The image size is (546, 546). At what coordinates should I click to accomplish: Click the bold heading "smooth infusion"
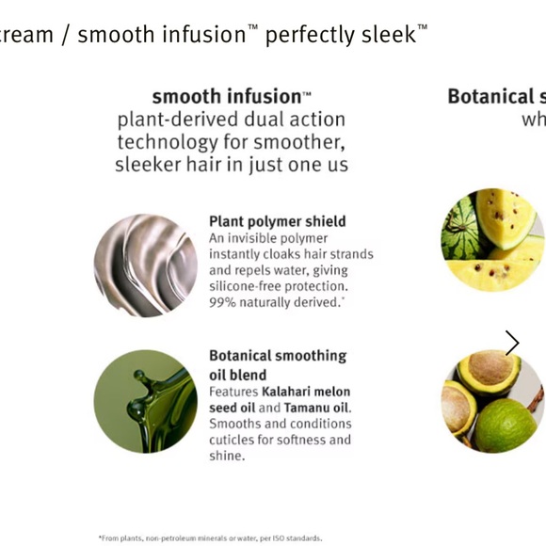coord(226,96)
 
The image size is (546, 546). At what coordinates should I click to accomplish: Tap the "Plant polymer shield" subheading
coord(277,221)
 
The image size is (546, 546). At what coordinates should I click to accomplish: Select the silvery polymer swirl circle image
coord(145,265)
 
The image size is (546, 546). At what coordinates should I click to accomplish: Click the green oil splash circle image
coord(145,401)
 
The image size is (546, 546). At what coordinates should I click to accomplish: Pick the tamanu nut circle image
coord(492,403)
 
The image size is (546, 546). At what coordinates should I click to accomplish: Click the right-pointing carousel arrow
coord(512,343)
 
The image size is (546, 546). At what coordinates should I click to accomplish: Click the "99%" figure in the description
coord(222,301)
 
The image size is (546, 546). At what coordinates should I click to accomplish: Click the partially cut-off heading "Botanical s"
coord(496,96)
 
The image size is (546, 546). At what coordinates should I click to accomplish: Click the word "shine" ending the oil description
coord(226,456)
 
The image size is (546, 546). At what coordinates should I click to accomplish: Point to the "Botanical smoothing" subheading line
coord(277,356)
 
